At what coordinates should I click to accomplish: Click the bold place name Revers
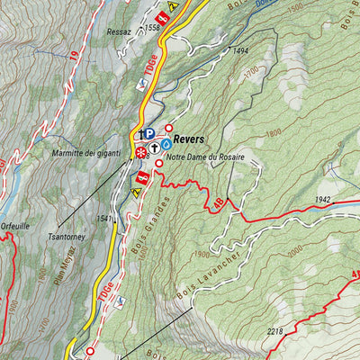189,139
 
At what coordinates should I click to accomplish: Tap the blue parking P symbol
149,133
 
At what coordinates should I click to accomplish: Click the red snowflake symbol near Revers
141,154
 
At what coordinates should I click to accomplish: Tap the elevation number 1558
151,29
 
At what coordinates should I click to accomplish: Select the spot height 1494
239,51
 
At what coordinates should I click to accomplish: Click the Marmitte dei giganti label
86,154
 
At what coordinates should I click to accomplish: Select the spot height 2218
276,331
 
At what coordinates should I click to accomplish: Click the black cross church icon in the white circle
155,147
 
